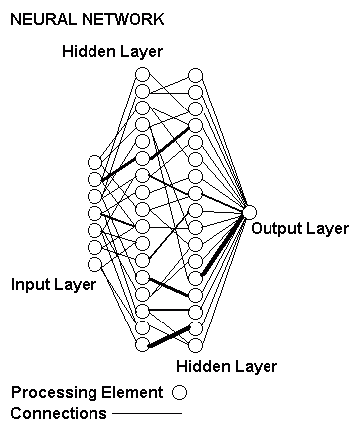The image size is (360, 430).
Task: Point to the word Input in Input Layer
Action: (29, 285)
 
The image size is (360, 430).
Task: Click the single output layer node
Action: (249, 212)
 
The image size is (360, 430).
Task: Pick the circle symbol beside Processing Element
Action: (180, 392)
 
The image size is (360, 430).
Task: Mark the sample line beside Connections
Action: (146, 413)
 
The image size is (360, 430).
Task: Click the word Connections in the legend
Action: (58, 412)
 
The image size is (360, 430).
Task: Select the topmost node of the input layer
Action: (95, 162)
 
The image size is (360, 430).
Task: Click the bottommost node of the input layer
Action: (95, 264)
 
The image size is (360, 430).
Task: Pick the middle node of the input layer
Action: (95, 213)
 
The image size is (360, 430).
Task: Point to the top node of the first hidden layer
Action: (142, 74)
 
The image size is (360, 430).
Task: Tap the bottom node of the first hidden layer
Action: (142, 344)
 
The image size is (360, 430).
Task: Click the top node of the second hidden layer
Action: (196, 74)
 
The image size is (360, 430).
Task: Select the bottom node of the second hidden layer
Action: (196, 344)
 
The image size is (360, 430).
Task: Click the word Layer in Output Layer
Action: (326, 229)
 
